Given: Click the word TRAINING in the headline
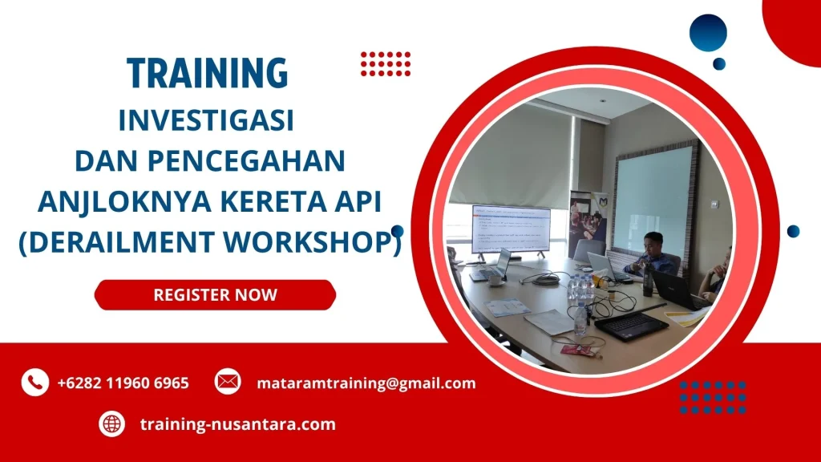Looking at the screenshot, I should coord(208,74).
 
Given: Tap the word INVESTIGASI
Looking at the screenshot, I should coord(206,120).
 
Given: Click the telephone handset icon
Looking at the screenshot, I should coord(34,383).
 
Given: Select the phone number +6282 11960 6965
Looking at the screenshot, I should coord(123,383).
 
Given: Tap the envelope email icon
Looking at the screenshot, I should coord(228,383).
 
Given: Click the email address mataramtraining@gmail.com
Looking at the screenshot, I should coord(366,383).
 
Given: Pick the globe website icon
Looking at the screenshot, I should coord(111,423).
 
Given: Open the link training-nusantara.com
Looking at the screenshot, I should coord(237,424).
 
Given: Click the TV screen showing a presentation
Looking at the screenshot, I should coord(511,229).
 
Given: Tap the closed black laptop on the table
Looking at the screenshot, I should coord(630,325).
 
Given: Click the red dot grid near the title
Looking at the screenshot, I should coord(385,63).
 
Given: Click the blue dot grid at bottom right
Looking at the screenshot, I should coord(712,396).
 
